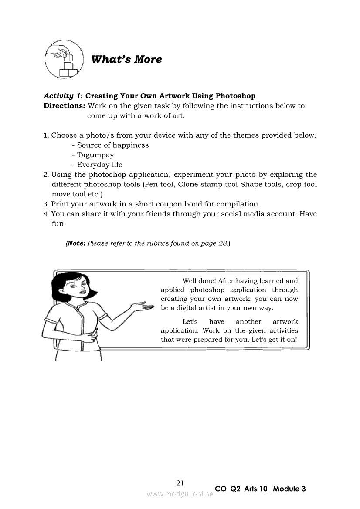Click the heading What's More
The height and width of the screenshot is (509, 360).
126,59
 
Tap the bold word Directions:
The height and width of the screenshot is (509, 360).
64,106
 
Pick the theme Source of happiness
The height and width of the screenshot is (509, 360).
113,145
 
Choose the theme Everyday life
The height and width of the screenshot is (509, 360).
99,165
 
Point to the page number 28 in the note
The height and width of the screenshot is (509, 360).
222,243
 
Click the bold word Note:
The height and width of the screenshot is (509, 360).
76,243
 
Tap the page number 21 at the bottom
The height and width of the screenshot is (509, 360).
180,482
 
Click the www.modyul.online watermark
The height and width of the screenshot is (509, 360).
180,494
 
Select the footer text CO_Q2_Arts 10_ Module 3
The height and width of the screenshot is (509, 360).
260,489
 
